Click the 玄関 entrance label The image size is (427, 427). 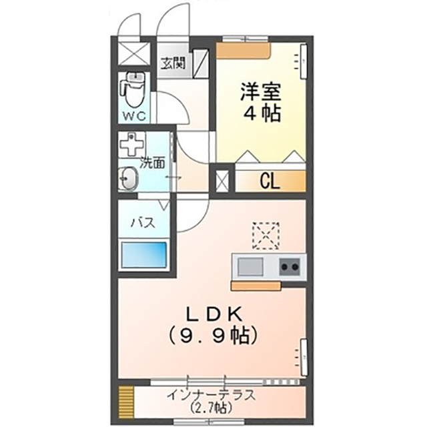click(173, 63)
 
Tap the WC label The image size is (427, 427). click(134, 117)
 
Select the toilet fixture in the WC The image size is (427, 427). click(133, 90)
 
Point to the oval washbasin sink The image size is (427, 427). click(129, 178)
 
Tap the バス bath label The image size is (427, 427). click(143, 223)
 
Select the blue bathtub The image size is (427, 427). click(144, 255)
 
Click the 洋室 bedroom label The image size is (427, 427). click(260, 92)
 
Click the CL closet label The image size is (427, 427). click(270, 181)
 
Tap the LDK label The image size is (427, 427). click(214, 314)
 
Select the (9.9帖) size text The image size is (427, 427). click(213, 336)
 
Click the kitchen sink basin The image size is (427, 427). click(251, 267)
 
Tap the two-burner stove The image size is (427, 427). click(290, 267)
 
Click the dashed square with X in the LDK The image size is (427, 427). click(266, 236)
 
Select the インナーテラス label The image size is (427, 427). click(211, 396)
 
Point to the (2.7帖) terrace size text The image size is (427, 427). click(211, 408)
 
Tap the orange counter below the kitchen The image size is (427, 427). click(256, 286)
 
